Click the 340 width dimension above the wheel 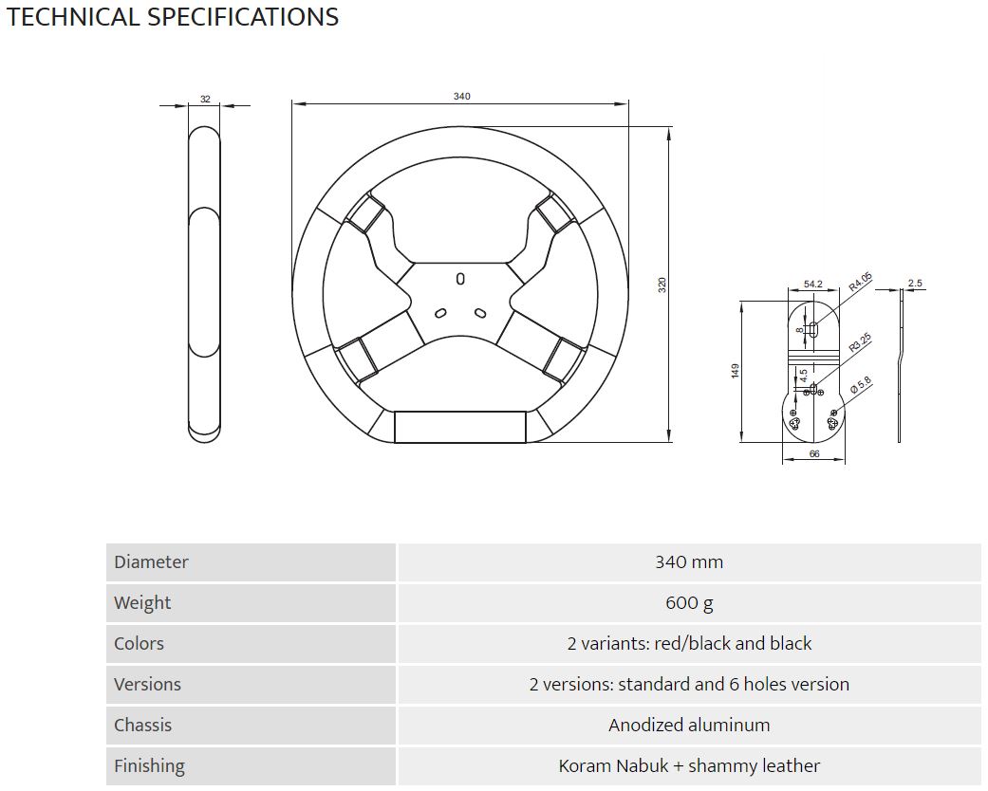coord(461,97)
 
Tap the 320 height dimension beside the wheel coord(662,285)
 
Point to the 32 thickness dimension coord(205,99)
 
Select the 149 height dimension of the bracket coord(735,371)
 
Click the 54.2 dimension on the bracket coord(812,284)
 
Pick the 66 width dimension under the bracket coord(813,454)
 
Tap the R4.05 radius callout coord(860,281)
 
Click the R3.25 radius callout coord(860,342)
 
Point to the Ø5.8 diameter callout coord(860,385)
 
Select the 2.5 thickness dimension coord(914,283)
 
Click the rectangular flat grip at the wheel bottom coord(460,427)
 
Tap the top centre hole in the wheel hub coord(460,279)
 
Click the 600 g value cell coord(689,603)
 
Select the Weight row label coord(142,603)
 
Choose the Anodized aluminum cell coord(689,726)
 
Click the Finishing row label coord(149,766)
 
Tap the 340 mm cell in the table coord(689,562)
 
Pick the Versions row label coord(147,685)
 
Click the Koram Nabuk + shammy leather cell coord(689,766)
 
